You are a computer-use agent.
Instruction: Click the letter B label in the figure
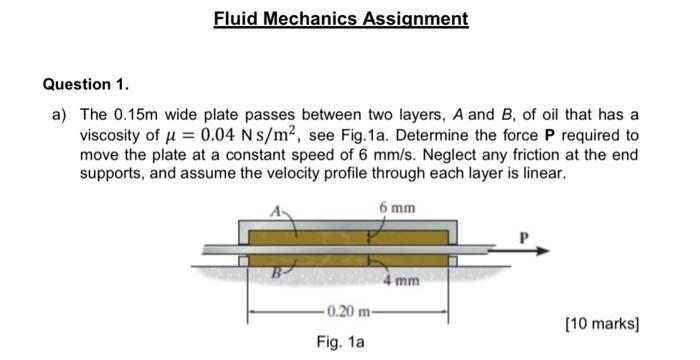point(270,269)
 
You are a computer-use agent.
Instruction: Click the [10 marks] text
point(601,325)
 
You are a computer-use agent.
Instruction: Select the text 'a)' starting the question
point(60,115)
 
